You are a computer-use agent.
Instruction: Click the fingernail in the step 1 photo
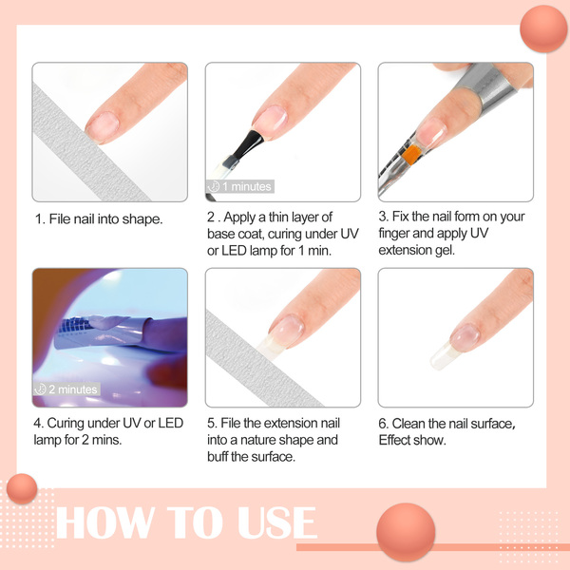click(x=103, y=127)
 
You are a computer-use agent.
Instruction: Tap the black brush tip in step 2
click(x=248, y=144)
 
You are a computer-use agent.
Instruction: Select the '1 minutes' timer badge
click(x=240, y=186)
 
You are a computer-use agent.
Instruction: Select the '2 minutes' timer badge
click(x=66, y=389)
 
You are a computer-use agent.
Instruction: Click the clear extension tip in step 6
click(x=443, y=356)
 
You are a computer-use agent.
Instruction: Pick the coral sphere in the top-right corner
click(x=543, y=29)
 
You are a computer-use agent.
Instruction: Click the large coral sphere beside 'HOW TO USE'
click(x=406, y=532)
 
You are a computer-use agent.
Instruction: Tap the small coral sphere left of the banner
click(x=22, y=488)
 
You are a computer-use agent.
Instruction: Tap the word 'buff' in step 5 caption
click(x=218, y=457)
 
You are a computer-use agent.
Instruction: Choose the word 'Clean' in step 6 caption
click(x=408, y=424)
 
